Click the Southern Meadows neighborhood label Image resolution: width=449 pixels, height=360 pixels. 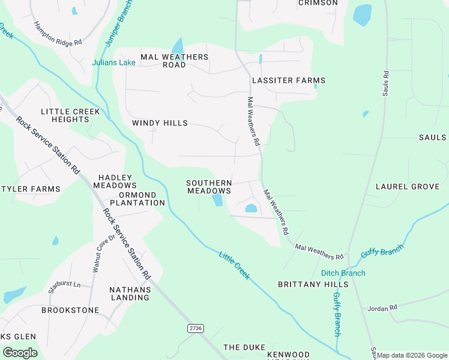click(x=208, y=187)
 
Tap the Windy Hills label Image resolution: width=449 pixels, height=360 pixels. click(x=160, y=123)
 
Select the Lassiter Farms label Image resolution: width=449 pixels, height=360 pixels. click(x=288, y=80)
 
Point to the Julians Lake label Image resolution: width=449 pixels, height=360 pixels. click(x=113, y=62)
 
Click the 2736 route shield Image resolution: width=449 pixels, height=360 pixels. click(x=195, y=328)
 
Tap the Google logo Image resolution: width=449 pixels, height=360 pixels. click(x=20, y=352)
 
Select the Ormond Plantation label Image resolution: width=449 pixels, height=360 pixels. click(x=133, y=199)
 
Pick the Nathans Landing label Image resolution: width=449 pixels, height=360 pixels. click(x=130, y=293)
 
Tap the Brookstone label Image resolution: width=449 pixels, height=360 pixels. click(x=70, y=310)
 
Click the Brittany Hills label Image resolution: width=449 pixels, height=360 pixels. click(x=313, y=284)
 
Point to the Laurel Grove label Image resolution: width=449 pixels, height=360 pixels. click(x=407, y=187)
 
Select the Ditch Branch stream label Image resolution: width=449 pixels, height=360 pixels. click(x=343, y=273)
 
